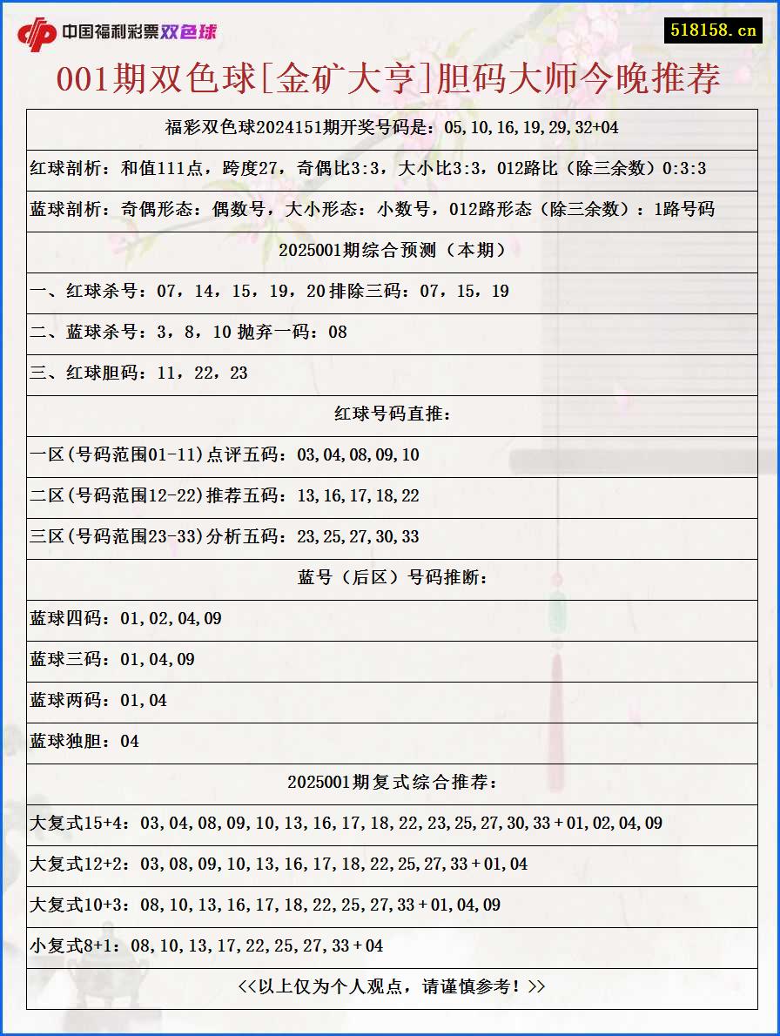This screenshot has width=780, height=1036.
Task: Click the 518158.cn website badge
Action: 713,30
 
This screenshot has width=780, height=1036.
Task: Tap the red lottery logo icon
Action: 37,33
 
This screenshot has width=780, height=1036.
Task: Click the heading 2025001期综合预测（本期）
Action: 392,250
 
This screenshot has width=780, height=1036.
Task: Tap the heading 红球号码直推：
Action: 392,414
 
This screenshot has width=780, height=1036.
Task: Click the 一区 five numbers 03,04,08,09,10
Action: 358,454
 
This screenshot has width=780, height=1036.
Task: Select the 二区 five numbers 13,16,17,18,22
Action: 358,495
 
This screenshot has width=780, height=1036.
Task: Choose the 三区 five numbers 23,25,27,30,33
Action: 358,536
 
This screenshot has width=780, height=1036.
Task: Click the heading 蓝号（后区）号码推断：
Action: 392,577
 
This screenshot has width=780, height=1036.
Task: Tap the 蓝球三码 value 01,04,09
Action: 158,659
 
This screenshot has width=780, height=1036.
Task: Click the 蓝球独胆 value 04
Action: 130,741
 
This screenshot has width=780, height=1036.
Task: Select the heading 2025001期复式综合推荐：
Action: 392,782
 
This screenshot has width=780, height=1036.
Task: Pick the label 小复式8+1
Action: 75,945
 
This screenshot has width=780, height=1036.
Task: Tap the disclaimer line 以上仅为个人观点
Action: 392,986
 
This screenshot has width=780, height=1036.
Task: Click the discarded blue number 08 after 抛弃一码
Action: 337,332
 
